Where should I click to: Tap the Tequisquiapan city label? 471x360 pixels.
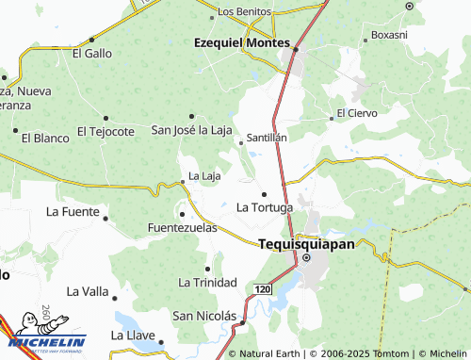[x=306, y=243]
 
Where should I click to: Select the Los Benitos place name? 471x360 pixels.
[x=244, y=11]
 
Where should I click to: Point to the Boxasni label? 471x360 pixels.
[x=389, y=34]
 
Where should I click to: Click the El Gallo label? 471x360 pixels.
[x=91, y=53]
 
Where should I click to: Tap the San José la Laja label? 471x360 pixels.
[x=191, y=129]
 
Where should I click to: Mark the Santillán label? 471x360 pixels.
[x=267, y=137]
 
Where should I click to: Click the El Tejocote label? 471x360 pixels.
[x=106, y=131]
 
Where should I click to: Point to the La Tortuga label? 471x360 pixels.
[x=265, y=206]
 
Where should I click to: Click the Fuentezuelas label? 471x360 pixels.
[x=183, y=227]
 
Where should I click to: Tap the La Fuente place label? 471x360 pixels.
[x=73, y=211]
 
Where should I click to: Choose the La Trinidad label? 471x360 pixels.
[x=207, y=282]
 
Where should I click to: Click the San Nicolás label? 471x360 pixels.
[x=203, y=315]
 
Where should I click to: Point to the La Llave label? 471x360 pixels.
[x=132, y=335]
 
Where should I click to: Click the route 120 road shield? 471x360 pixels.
[x=263, y=286]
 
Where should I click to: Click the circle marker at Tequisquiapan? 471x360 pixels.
[x=307, y=258]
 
